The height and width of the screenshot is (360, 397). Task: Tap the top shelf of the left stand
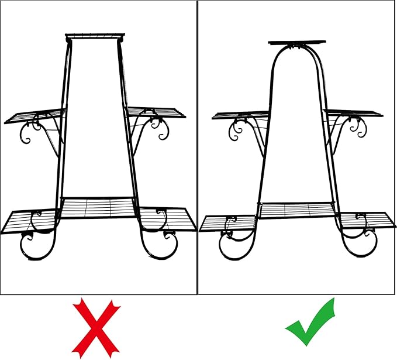[95, 36]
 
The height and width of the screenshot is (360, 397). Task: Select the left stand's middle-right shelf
[157, 112]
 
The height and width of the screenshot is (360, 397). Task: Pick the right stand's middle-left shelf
[240, 115]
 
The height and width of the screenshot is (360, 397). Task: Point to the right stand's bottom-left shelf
[228, 223]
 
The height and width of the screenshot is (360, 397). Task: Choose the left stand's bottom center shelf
[98, 207]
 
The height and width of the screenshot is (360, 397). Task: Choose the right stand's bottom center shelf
[297, 210]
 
